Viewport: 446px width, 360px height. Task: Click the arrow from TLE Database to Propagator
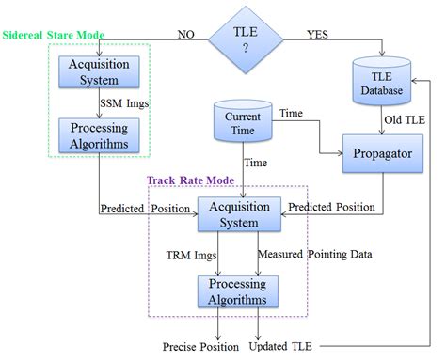click(381, 124)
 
